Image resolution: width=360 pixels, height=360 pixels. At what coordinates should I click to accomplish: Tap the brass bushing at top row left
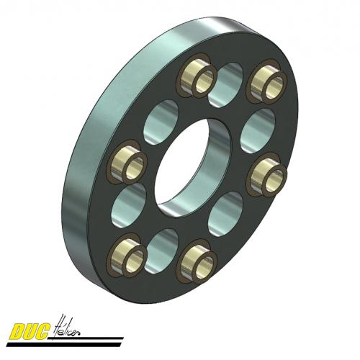pos(196,76)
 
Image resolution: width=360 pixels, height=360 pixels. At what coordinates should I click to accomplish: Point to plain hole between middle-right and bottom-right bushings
pos(225,213)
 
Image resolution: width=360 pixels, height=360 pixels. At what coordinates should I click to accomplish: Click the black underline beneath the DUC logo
pos(72,340)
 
